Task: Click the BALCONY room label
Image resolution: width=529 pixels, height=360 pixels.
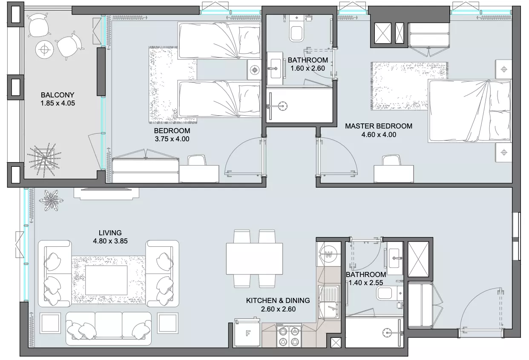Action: [x=57, y=95]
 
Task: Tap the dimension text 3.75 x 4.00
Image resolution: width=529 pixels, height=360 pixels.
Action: [x=172, y=139]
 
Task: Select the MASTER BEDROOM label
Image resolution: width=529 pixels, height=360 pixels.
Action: [x=379, y=126]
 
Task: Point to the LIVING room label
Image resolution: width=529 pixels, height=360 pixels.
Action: [x=110, y=233]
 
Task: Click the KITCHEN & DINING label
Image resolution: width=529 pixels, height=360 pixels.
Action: [x=278, y=300]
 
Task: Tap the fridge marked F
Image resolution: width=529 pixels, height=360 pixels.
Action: [x=247, y=333]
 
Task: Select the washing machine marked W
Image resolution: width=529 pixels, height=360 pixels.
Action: [x=328, y=254]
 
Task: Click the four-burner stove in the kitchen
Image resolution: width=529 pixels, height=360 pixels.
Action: [x=289, y=335]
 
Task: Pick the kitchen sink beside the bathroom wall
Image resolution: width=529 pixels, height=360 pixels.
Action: [x=328, y=302]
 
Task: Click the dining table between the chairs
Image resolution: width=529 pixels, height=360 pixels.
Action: [x=254, y=259]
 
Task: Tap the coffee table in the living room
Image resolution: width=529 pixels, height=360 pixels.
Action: [x=106, y=280]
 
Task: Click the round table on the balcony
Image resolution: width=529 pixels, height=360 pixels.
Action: [x=44, y=49]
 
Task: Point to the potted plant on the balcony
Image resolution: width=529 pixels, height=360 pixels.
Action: [x=44, y=160]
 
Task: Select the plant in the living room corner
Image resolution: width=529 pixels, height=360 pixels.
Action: [x=51, y=200]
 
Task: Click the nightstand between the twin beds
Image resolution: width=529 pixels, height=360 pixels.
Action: [x=254, y=70]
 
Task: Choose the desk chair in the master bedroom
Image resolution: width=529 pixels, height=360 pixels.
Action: [x=391, y=160]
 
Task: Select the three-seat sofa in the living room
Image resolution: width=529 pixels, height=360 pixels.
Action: [x=108, y=328]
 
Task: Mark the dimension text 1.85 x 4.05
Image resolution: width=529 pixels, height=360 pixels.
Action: [x=57, y=103]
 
